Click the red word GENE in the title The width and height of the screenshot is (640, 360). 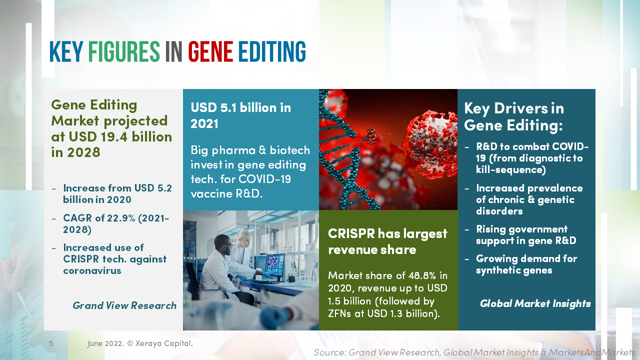point(210,52)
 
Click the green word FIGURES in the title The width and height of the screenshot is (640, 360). point(123,52)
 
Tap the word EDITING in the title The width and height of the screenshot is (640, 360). point(271,52)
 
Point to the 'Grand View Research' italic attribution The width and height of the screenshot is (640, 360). point(124,305)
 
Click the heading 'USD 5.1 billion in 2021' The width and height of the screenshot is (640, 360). point(240,115)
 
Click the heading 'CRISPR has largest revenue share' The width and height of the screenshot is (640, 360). point(387,241)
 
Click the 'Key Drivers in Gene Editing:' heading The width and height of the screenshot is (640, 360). point(513,116)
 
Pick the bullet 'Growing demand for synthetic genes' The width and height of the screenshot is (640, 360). point(526,264)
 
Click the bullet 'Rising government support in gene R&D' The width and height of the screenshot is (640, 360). point(525,235)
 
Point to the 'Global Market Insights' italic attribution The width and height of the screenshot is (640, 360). point(535,303)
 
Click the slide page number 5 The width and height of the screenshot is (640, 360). point(51,344)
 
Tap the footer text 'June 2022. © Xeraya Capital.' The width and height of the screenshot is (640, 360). point(140,344)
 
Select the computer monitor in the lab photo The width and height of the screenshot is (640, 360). point(274,264)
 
